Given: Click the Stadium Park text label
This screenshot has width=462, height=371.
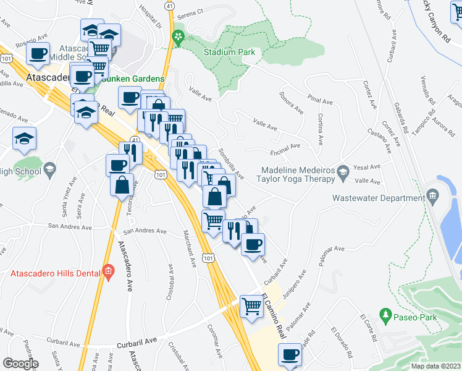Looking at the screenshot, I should tap(230, 53).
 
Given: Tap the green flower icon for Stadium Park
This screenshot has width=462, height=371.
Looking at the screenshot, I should tap(178, 38).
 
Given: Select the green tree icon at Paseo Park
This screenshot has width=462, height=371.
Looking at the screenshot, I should tap(386, 315).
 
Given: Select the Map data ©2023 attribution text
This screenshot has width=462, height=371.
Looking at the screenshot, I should tap(436, 365).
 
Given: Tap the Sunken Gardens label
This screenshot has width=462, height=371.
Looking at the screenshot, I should tap(133, 79).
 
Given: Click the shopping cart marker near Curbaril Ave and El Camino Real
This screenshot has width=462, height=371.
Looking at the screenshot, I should tap(251, 305).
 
